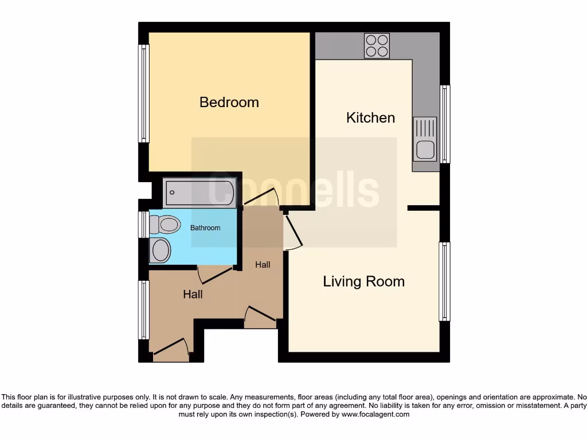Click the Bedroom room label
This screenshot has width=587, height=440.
[229, 102]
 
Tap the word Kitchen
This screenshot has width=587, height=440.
[370, 117]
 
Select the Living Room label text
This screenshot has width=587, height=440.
[363, 281]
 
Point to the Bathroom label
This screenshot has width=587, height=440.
[205, 228]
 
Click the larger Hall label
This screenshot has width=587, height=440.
[193, 294]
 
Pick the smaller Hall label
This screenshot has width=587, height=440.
[263, 265]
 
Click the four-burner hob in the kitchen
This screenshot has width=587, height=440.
[377, 45]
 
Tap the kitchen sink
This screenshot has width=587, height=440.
[425, 139]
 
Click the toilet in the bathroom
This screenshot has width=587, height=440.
[165, 225]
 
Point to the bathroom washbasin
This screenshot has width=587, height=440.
[161, 250]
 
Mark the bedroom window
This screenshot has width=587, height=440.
[144, 93]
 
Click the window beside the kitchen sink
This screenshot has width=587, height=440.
[445, 124]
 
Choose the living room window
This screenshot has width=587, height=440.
[444, 281]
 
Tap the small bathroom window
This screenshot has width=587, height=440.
[144, 225]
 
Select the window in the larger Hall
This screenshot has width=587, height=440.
[144, 310]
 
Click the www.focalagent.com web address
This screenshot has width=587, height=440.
[375, 414]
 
